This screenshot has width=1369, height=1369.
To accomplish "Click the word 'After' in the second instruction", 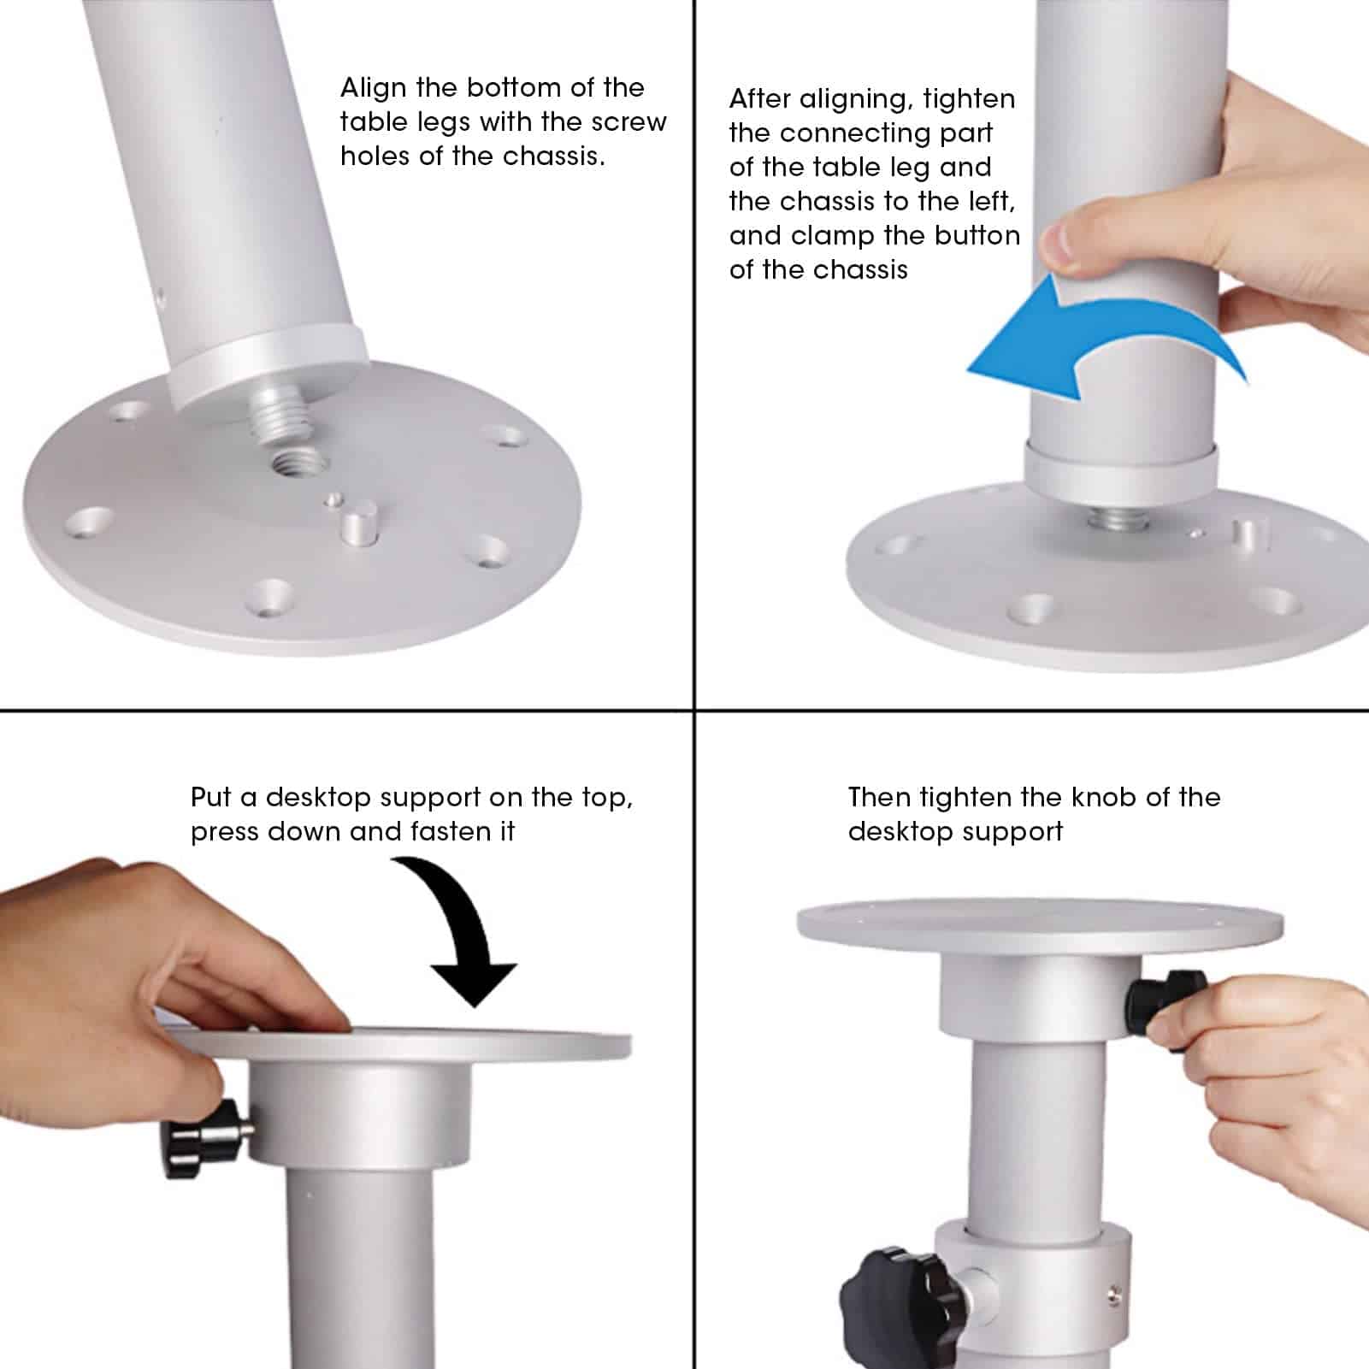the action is (x=759, y=99).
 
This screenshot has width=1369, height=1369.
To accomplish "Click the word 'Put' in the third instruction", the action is (x=211, y=798).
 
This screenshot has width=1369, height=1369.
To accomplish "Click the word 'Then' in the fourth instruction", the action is (x=879, y=798).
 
